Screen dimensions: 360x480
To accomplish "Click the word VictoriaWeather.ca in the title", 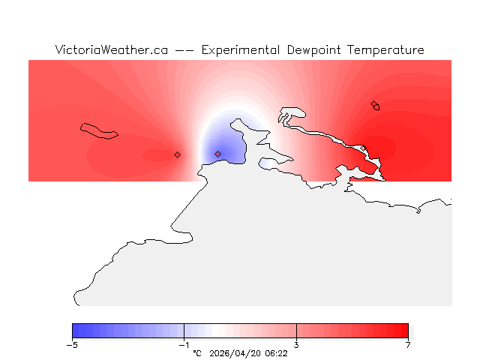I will coord(111,50).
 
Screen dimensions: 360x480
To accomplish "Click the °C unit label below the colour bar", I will coord(197,352).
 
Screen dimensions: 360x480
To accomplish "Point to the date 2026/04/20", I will coord(235,352).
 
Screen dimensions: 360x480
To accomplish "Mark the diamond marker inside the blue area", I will coord(217,154).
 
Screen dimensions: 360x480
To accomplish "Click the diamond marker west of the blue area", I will coord(177,154).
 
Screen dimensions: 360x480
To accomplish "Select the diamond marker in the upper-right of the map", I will coord(374,104).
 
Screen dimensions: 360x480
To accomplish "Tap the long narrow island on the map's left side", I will coord(99,130).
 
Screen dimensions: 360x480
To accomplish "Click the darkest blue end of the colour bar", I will coord(75,331).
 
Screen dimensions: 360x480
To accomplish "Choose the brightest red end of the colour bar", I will coord(405,331).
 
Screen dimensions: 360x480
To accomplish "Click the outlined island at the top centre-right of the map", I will coord(292,114).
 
